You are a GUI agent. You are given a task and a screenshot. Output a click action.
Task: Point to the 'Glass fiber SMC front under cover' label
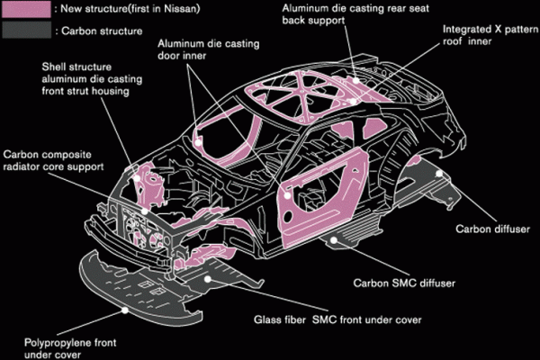click(x=333, y=319)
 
